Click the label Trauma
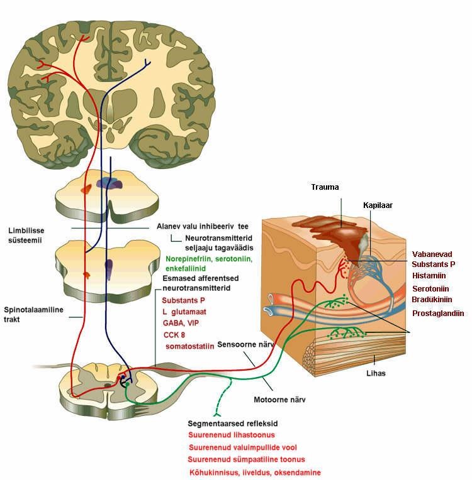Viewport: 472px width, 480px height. [325, 187]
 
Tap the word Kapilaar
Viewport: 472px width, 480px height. [378, 205]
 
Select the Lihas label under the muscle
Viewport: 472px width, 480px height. [376, 373]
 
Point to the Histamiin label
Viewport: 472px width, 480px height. [429, 276]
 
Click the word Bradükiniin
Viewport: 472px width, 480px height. [432, 300]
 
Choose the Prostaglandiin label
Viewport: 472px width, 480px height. [438, 313]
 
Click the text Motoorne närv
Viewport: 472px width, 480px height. [279, 400]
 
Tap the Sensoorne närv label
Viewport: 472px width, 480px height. [245, 344]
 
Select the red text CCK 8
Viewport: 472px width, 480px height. [174, 335]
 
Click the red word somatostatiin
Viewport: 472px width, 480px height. [189, 347]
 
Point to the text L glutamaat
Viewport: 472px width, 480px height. [184, 312]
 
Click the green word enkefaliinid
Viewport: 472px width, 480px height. [186, 268]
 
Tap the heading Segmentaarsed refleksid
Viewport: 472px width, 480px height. [232, 423]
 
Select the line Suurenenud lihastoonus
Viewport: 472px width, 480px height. [231, 435]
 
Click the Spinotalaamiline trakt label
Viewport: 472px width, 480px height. [33, 314]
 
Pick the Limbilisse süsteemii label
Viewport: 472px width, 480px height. [26, 236]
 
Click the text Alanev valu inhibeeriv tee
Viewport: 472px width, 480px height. [203, 227]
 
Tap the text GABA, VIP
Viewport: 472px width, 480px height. [181, 324]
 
